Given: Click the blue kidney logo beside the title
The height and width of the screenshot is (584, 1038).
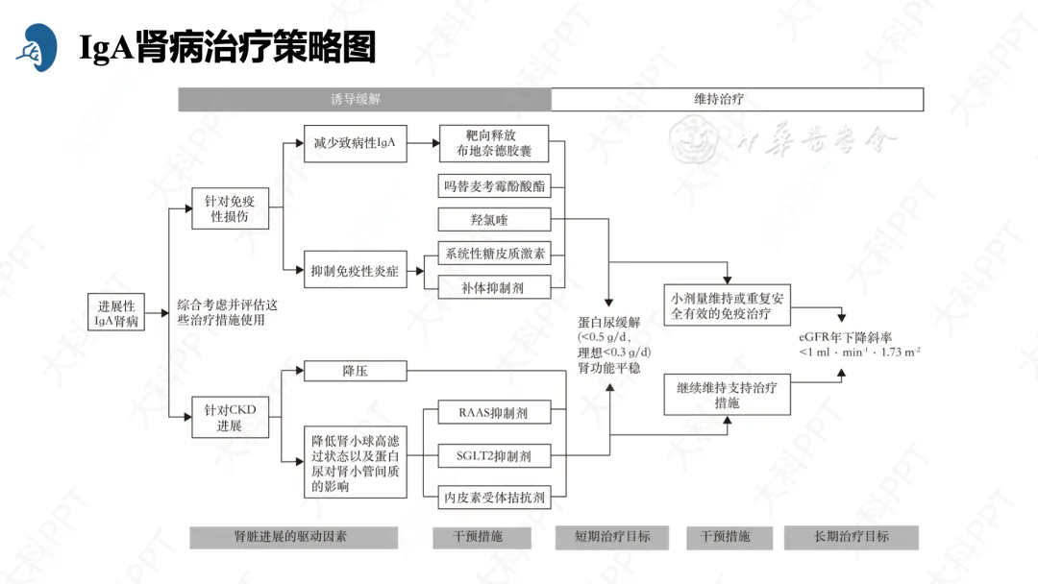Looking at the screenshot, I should coord(37,47).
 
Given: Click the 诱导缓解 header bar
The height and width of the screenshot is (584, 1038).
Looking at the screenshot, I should coord(363,99).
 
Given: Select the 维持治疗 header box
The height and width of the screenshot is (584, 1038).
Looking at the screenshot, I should coord(737,99).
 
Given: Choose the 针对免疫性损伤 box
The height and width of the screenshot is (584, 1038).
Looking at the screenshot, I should coord(230,209).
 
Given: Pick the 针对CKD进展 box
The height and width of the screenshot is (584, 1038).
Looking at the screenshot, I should coord(230,418).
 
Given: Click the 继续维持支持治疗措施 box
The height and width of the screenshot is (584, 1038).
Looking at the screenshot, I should coord(727,395).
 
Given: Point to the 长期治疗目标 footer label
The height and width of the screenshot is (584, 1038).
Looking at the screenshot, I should coord(851,537).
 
